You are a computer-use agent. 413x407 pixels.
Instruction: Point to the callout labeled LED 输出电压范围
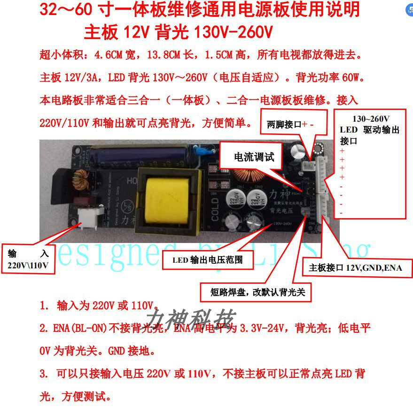207,259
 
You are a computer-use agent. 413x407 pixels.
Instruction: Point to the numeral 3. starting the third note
44,374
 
